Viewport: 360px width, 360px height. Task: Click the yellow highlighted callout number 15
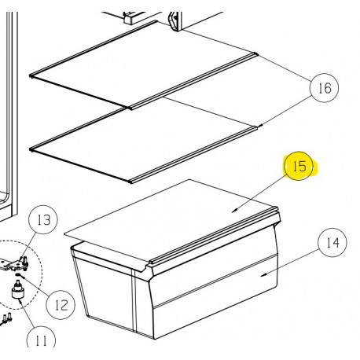[x=298, y=167]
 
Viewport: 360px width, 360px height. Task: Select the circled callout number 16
[x=323, y=88]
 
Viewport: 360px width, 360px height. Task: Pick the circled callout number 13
[x=44, y=220]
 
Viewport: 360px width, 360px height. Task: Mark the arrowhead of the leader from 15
[x=233, y=210]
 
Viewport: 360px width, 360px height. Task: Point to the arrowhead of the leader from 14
[x=263, y=274]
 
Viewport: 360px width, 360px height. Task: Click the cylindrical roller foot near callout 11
[x=17, y=296]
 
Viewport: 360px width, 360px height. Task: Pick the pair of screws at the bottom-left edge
[x=7, y=318]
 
